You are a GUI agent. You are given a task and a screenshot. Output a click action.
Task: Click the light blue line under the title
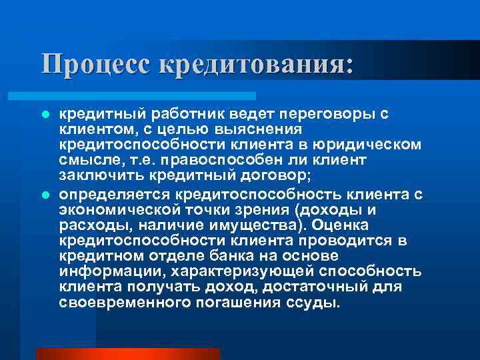(x=147, y=95)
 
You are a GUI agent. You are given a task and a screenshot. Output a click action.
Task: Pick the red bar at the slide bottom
(x=127, y=353)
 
